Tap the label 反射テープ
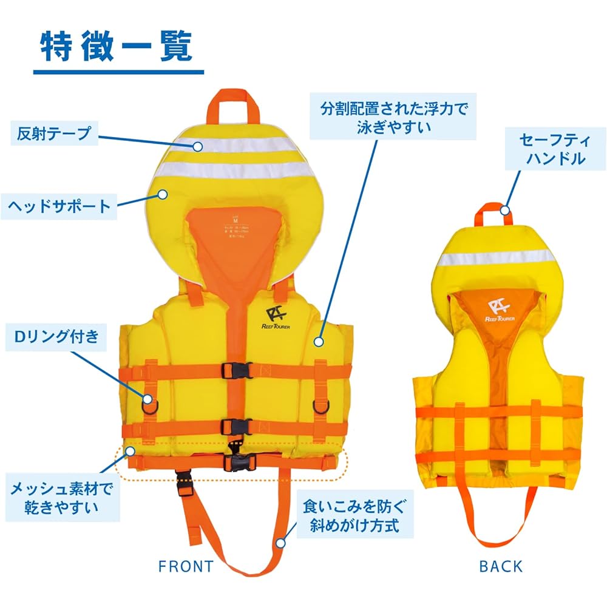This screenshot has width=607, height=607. pos(54,134)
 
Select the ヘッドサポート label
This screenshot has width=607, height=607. pos(59,206)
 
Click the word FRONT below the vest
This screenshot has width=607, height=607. pos(186,566)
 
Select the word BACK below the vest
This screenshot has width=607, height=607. pos(501,566)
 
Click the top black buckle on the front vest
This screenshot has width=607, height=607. pos(237,370)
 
